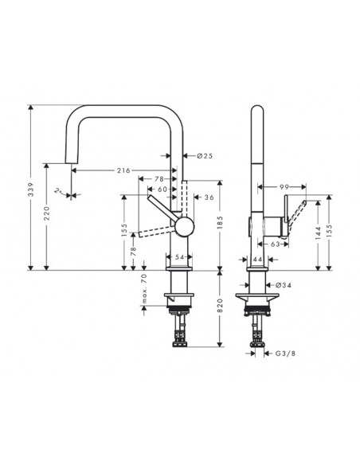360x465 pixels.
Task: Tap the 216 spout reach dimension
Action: coord(123,170)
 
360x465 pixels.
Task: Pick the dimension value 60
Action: coord(162,190)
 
